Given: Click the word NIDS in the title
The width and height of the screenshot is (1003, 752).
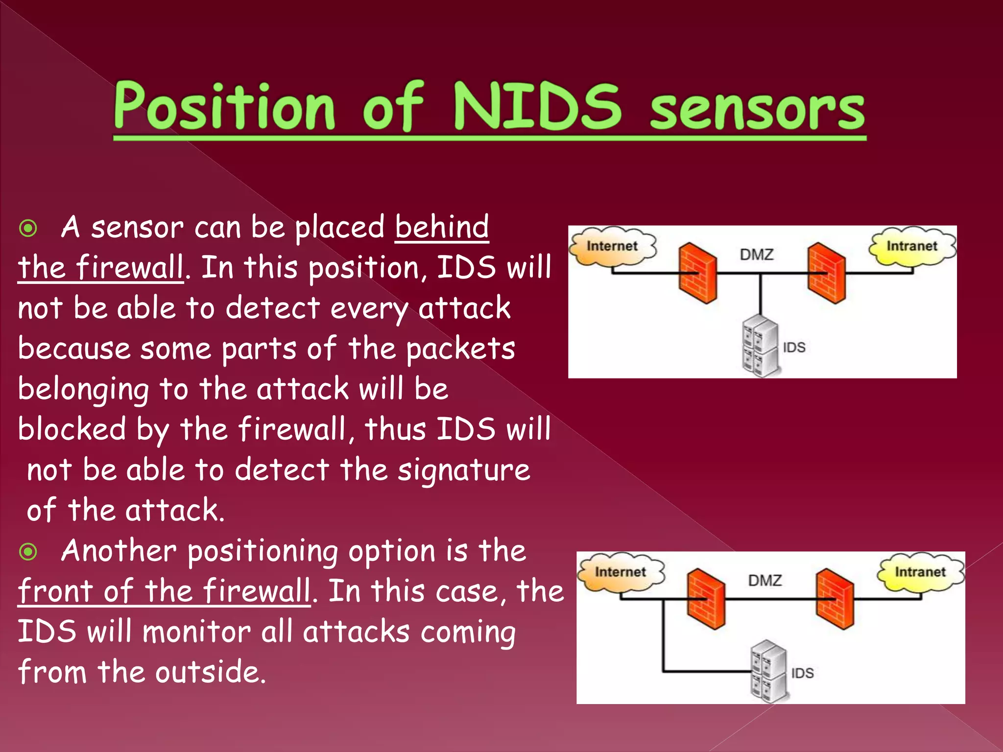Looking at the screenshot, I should click(x=537, y=106).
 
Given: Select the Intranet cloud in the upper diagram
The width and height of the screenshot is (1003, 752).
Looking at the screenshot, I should click(x=912, y=246).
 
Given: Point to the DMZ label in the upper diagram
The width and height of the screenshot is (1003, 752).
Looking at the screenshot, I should click(x=757, y=255).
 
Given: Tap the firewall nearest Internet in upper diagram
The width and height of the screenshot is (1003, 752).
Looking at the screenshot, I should click(x=697, y=273).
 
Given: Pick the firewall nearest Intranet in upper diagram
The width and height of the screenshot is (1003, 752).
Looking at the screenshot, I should click(x=827, y=273).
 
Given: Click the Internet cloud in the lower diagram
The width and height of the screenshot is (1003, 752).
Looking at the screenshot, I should click(x=621, y=573).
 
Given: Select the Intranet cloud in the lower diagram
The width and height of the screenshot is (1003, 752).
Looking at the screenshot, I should click(x=920, y=572).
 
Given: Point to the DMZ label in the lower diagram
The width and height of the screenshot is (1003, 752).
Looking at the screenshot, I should click(x=765, y=581).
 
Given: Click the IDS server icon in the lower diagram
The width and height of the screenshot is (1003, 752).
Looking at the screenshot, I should click(x=768, y=672).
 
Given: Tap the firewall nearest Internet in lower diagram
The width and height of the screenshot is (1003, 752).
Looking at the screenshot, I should click(x=706, y=599).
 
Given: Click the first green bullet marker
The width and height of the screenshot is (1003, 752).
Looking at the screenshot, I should click(x=28, y=228).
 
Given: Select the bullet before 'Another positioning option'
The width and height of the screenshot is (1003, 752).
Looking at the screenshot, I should click(x=28, y=552).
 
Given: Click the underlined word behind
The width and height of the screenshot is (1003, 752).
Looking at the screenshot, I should click(x=442, y=227).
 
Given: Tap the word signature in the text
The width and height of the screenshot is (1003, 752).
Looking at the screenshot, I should click(x=463, y=470).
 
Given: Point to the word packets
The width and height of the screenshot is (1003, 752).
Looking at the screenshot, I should click(x=460, y=349).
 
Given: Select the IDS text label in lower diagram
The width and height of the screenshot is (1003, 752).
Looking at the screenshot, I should click(x=802, y=673).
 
